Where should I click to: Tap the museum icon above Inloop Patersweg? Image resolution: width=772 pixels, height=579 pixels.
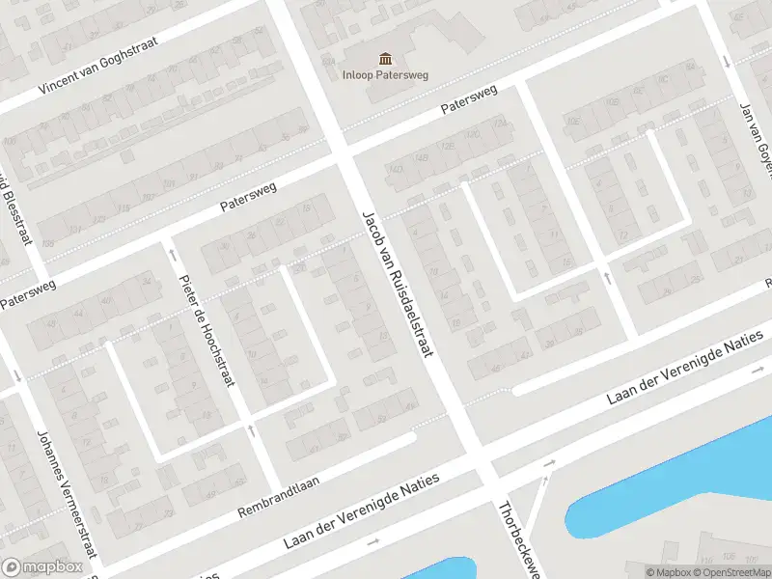click(x=386, y=58)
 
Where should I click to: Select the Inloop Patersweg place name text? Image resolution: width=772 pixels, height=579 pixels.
click(x=386, y=74)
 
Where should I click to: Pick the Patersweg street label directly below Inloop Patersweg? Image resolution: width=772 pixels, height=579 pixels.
click(x=469, y=100)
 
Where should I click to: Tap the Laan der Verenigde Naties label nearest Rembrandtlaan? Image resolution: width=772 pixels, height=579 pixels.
click(x=362, y=512)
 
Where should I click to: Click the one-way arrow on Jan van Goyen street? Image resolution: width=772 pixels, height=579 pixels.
click(x=727, y=62)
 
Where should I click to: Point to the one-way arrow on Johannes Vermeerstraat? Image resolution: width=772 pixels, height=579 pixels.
click(x=16, y=376)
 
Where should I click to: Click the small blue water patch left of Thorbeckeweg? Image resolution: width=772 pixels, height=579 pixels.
click(x=439, y=569)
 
